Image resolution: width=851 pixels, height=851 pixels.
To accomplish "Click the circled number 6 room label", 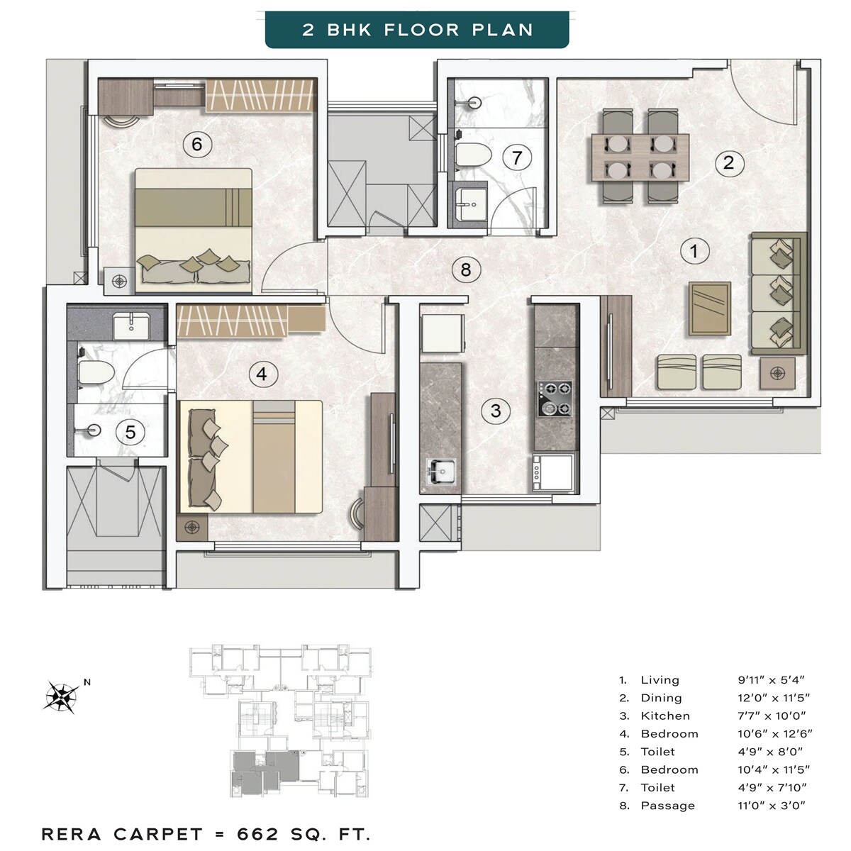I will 196,145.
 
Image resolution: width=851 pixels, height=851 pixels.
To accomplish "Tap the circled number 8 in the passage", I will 465,269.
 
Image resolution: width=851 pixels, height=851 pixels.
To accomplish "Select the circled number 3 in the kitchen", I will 495,411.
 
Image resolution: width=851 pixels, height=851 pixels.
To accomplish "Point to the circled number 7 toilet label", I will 517,157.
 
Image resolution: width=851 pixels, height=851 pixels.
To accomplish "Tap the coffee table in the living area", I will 709,308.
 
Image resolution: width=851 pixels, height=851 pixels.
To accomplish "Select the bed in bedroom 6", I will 194,230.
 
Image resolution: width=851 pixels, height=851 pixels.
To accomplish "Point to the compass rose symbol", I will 61,696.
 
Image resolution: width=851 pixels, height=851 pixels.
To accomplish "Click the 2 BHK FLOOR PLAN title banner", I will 417,30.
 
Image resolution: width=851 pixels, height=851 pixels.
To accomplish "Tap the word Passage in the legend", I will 667,806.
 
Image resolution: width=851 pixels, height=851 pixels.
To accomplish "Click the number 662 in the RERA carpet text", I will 258,834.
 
